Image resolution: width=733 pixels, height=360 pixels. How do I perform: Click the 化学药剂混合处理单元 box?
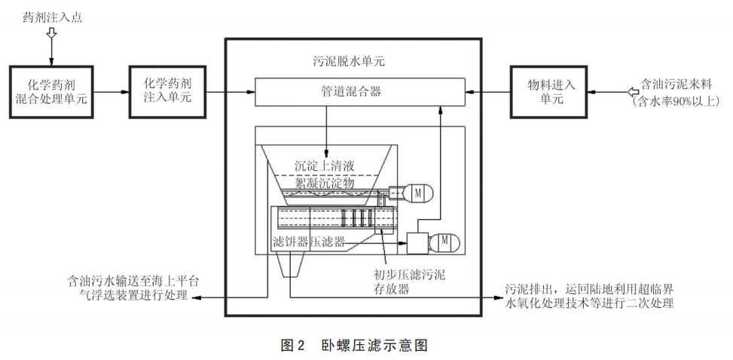click(51, 92)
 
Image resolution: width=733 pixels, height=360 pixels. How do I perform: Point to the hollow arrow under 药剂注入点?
click(52, 33)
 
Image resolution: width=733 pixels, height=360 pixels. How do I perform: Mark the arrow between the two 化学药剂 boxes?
click(110, 92)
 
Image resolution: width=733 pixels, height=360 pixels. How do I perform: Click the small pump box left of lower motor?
click(417, 244)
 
